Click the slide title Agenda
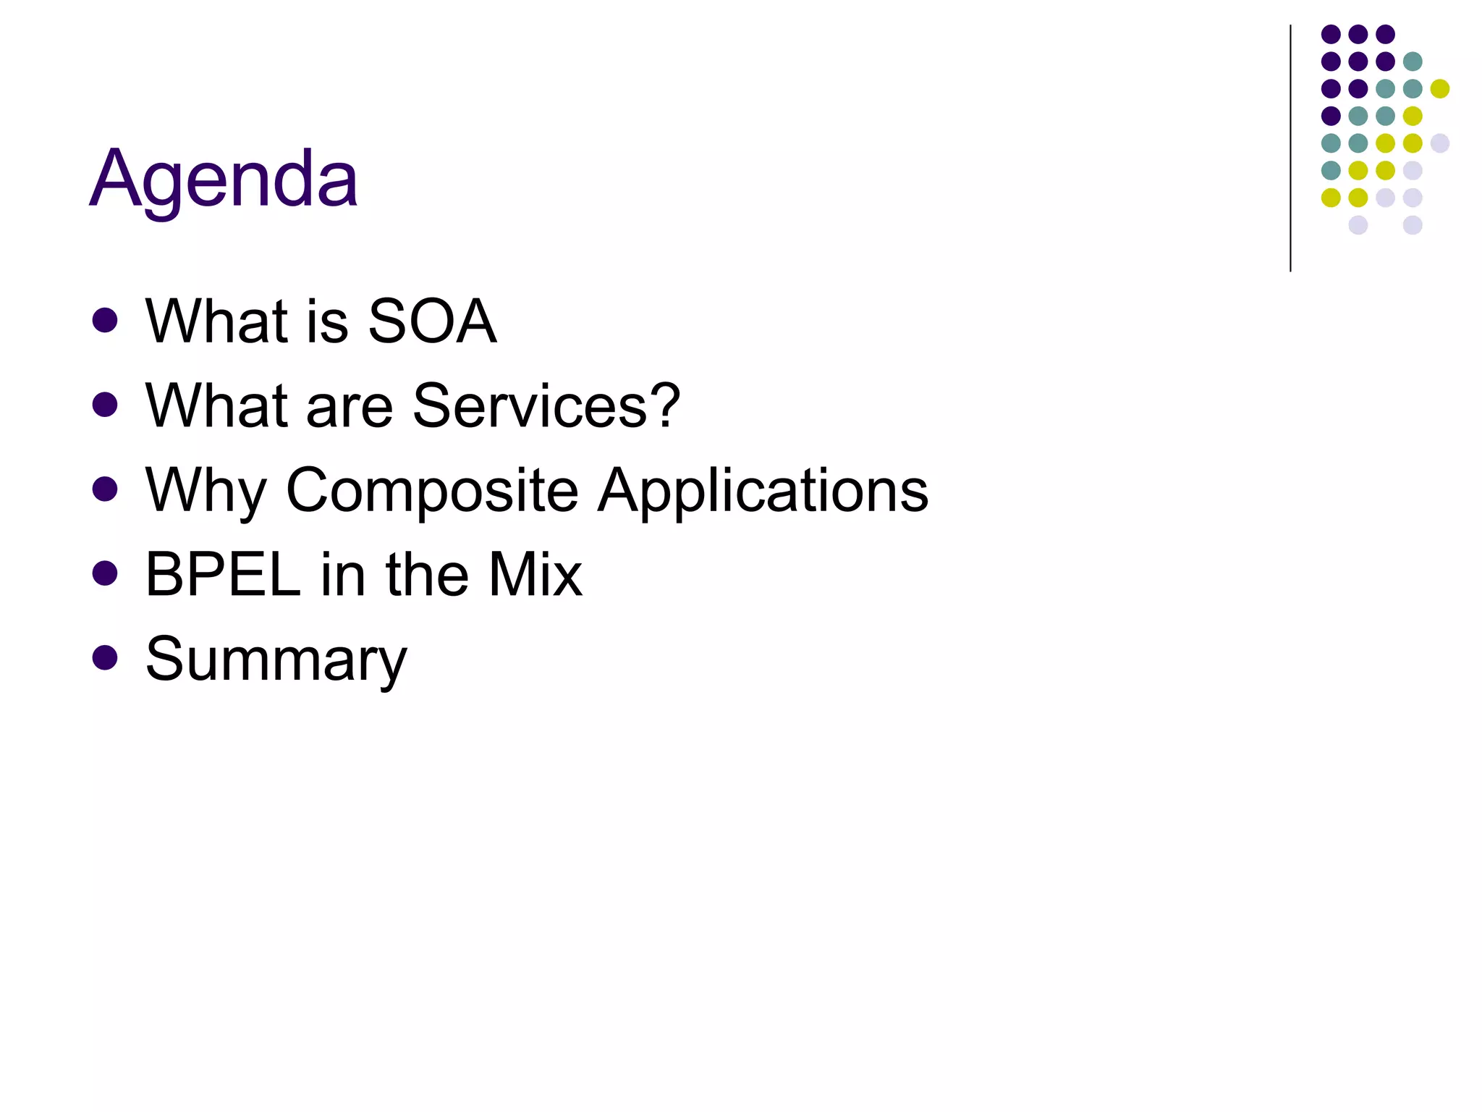coord(224,178)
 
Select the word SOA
coord(432,321)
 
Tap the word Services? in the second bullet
coord(546,405)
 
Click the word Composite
coord(433,491)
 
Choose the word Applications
coord(763,491)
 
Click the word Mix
coord(535,575)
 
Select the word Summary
coord(276,660)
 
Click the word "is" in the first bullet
coord(328,321)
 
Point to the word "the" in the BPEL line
coord(427,575)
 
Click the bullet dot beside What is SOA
coord(106,321)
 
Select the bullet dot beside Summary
coord(106,658)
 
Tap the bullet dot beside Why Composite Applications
coord(106,489)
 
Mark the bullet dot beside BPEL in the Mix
coord(106,574)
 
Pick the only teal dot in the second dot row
coord(1413,62)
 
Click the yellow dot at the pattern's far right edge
coord(1440,89)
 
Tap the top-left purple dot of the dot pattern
coord(1331,34)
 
